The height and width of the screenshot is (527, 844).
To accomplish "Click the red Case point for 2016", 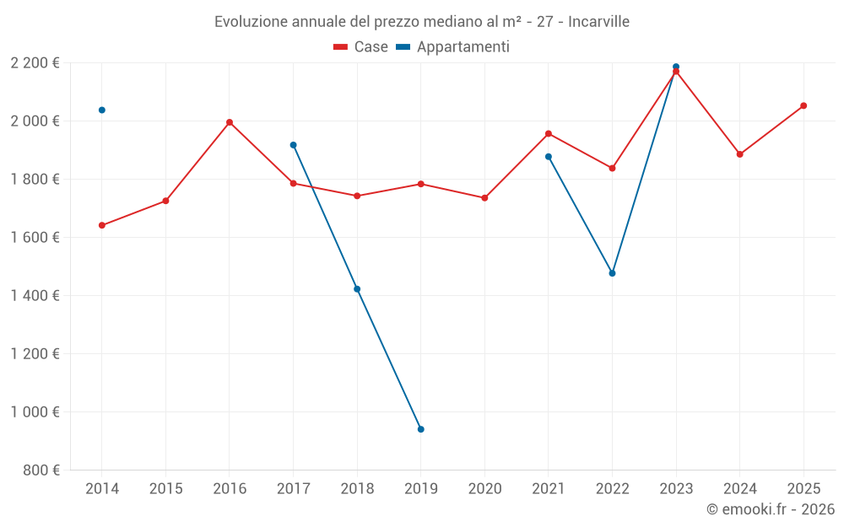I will coord(230,122).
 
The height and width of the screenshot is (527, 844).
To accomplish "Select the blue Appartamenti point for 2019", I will coord(420,429).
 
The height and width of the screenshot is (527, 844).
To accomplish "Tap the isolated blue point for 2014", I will coord(102,110).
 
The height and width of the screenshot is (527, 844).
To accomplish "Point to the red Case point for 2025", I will coord(803,105).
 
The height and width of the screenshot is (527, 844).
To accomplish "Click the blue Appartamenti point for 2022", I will coord(612,273).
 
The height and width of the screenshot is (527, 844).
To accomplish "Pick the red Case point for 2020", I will coord(484,198).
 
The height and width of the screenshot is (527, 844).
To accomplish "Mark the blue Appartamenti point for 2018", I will coord(357,289).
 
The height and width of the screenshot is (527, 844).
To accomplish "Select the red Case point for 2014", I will coord(102,225).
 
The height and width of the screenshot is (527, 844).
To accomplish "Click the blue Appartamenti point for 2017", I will coord(293,145).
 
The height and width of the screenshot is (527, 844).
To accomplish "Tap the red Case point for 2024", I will coord(739,154).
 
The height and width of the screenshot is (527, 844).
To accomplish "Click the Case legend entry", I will coord(361,47).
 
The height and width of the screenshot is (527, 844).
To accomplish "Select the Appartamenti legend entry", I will coord(453,47).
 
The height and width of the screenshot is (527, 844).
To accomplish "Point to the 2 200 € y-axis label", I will coord(35,63).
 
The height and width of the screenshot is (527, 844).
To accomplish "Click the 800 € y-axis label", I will coord(40,470).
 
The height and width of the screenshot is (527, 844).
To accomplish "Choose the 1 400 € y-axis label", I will coord(35,295).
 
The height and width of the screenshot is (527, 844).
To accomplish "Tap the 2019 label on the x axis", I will coord(420,488).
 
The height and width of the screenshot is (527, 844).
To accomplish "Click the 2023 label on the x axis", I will coord(676,488).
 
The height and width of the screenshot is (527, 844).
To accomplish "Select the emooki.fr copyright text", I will coord(771,509).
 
